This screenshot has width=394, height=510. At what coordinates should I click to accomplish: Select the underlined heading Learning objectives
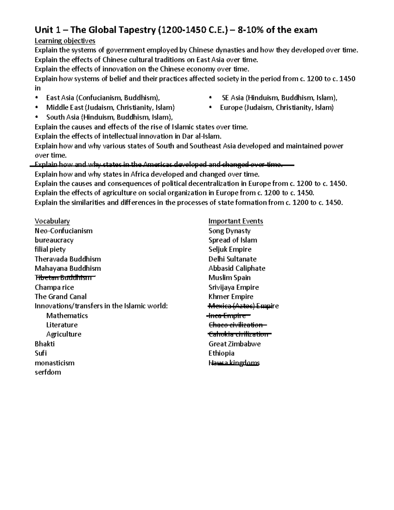65,41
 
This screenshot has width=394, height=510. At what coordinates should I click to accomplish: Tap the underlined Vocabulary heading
52,221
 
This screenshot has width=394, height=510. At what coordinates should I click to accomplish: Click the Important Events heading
236,221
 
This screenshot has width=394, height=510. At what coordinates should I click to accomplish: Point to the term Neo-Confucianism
64,231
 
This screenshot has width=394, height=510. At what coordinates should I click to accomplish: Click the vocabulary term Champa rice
54,287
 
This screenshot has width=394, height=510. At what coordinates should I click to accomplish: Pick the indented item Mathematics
67,316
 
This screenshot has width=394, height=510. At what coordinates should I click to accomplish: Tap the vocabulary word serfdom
48,372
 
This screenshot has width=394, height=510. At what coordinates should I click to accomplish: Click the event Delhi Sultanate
232,259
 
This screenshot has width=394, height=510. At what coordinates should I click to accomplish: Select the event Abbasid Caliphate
237,268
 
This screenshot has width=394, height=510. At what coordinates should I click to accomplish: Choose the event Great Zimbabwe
234,344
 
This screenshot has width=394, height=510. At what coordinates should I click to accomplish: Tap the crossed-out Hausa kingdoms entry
234,363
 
